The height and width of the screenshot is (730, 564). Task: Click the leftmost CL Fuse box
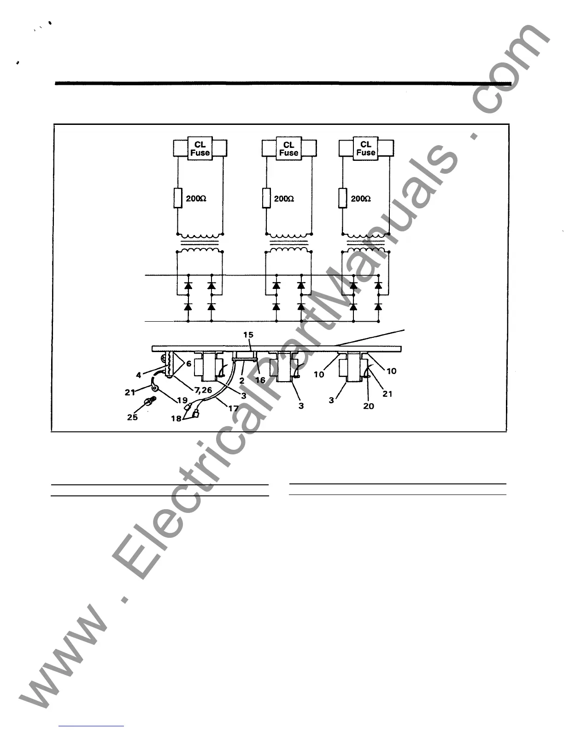[200, 149]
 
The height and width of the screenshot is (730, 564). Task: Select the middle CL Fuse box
[289, 149]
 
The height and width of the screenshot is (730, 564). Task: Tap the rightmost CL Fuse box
[366, 148]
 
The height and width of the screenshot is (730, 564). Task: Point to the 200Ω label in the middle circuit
[284, 199]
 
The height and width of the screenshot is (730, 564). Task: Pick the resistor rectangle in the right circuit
[343, 198]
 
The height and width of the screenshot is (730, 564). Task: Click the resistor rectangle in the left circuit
[178, 198]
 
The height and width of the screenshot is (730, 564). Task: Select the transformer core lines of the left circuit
[200, 243]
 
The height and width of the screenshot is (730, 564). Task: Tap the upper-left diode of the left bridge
[188, 286]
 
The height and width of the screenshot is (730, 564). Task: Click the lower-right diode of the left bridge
[211, 306]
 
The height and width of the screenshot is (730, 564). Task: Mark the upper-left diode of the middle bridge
[276, 286]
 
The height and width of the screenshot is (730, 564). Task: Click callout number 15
[248, 335]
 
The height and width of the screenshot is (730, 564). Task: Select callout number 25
[132, 418]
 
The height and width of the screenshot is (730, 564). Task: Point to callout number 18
[176, 419]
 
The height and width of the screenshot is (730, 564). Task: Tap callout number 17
[234, 408]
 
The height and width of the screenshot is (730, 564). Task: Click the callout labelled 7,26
[203, 390]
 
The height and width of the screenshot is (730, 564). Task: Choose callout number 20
[369, 406]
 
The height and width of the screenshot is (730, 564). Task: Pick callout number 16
[260, 380]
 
